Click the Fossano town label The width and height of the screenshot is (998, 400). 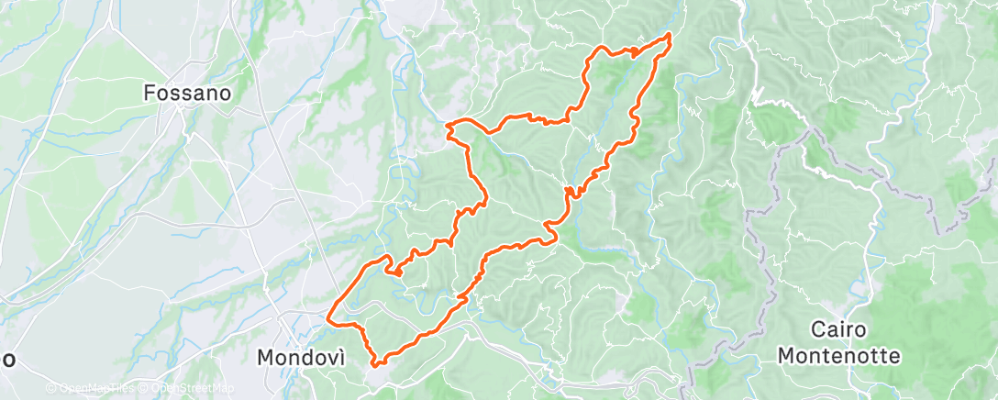click(x=187, y=93)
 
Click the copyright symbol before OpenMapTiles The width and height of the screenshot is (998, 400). click(x=50, y=389)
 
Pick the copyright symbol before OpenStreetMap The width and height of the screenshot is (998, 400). click(x=143, y=389)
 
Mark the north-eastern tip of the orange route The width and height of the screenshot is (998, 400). click(x=670, y=35)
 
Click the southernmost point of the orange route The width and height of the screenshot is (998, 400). click(x=375, y=365)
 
